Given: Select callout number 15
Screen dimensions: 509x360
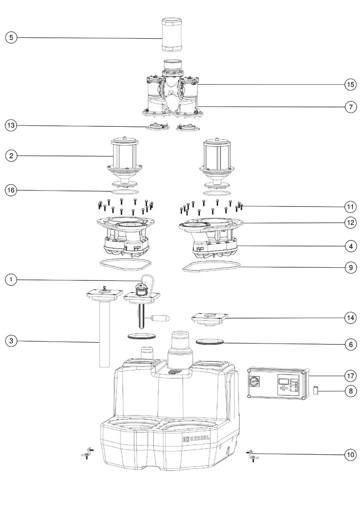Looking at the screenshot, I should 350,85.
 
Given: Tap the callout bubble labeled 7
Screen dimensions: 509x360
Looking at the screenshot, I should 350,107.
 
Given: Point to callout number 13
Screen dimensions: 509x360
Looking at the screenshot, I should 11,125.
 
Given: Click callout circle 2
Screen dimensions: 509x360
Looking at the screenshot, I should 11,156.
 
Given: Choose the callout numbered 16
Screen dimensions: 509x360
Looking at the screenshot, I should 11,190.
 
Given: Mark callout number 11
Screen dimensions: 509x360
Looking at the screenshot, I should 350,206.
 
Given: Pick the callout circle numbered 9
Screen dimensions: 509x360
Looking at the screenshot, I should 350,267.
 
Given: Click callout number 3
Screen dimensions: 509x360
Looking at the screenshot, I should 11,340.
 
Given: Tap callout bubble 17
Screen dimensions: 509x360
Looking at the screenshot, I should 350,376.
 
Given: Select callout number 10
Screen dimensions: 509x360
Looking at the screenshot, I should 350,455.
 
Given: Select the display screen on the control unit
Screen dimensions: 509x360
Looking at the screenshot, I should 283,381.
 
